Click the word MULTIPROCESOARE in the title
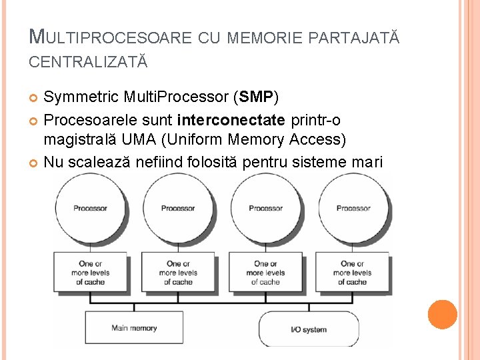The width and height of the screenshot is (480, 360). pos(111,37)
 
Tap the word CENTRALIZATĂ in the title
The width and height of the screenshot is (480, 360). pos(88,62)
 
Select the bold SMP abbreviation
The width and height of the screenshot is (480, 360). pos(255,97)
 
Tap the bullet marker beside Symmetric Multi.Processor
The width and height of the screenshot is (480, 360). pos(35,99)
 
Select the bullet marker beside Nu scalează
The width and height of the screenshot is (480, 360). pos(35,161)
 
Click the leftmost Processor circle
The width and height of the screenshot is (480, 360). pos(91,207)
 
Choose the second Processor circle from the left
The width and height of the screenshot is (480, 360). pos(178,207)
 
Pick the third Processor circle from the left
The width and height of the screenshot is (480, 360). pos(265,207)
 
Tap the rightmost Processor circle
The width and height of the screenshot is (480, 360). pos(353,207)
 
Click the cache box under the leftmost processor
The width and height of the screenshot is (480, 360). pos(91,273)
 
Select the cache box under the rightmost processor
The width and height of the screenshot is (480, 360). pos(353,273)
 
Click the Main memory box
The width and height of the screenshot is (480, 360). pos(134,327)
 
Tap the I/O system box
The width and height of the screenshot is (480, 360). pos(309,329)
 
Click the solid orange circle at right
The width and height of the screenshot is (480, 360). pos(442,315)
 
